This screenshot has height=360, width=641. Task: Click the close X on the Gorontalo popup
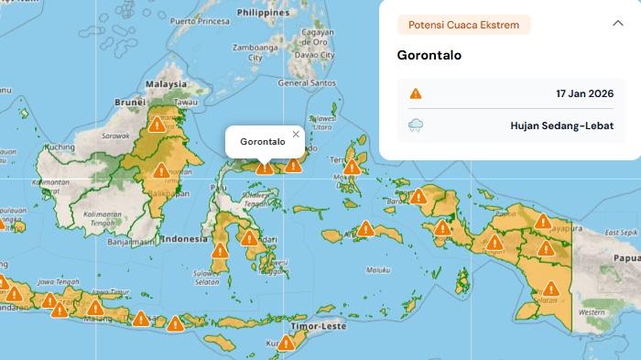click(295, 135)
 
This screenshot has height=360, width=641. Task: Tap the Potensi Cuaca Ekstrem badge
click(463, 25)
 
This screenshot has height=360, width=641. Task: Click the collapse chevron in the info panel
click(617, 24)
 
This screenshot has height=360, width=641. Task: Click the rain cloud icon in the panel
click(416, 126)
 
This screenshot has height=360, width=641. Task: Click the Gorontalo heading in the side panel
click(429, 55)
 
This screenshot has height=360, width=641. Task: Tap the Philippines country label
click(262, 14)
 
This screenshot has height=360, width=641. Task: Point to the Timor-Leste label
click(341, 325)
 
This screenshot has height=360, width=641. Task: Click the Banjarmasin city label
click(129, 244)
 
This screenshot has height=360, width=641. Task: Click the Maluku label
click(377, 270)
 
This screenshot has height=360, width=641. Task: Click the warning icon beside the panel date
click(416, 93)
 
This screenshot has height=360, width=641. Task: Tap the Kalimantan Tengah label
click(103, 217)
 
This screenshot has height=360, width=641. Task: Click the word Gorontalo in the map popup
click(263, 142)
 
